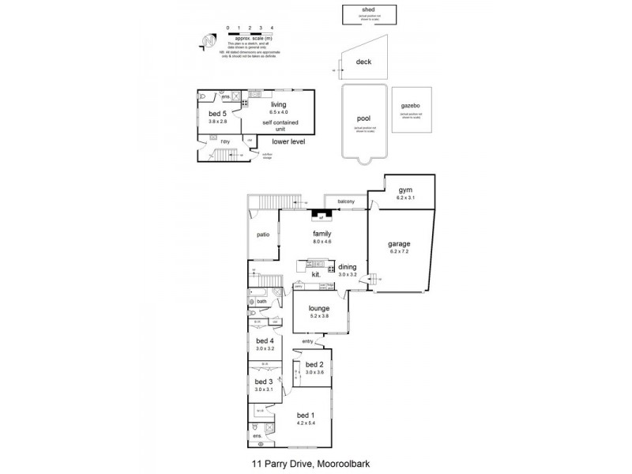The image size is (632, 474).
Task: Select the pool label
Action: click(x=363, y=118)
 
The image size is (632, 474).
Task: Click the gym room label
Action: click(x=406, y=190)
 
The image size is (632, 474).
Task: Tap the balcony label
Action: click(x=346, y=202)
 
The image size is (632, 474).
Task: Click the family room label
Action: click(x=322, y=234)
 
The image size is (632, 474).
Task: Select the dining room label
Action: click(x=348, y=267)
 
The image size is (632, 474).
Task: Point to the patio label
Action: click(x=263, y=235)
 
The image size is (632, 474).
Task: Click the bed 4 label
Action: click(x=265, y=340)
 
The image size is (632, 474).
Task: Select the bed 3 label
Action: click(x=263, y=382)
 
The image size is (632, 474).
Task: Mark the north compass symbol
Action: click(x=209, y=39)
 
